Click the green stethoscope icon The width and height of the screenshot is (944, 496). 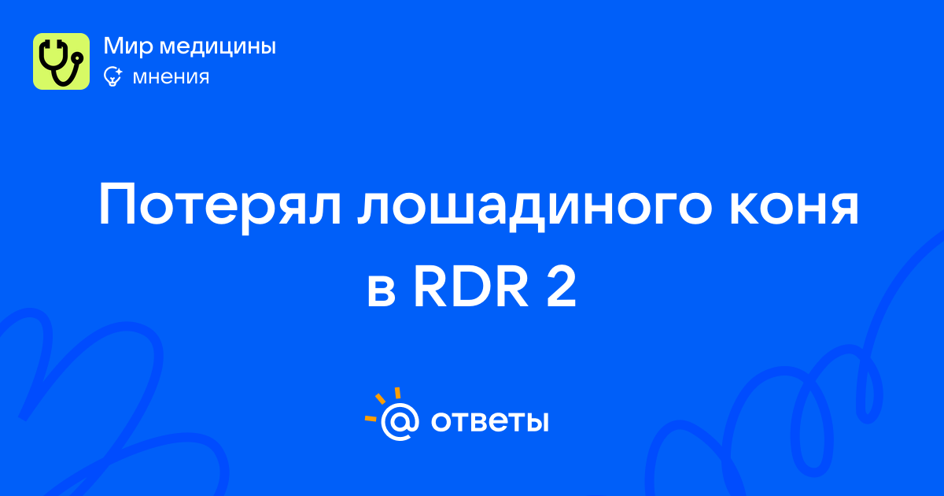point(61,61)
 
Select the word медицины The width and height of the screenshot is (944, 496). point(218,46)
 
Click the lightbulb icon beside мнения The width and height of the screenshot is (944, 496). point(112,76)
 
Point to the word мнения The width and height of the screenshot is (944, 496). point(171,77)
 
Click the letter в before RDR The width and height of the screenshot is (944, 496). point(382,291)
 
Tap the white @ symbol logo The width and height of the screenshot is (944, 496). point(400,421)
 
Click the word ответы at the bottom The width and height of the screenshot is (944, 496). point(489,421)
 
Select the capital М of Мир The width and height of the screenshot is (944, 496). point(114,46)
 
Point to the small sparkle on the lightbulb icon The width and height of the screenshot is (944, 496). point(118,72)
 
